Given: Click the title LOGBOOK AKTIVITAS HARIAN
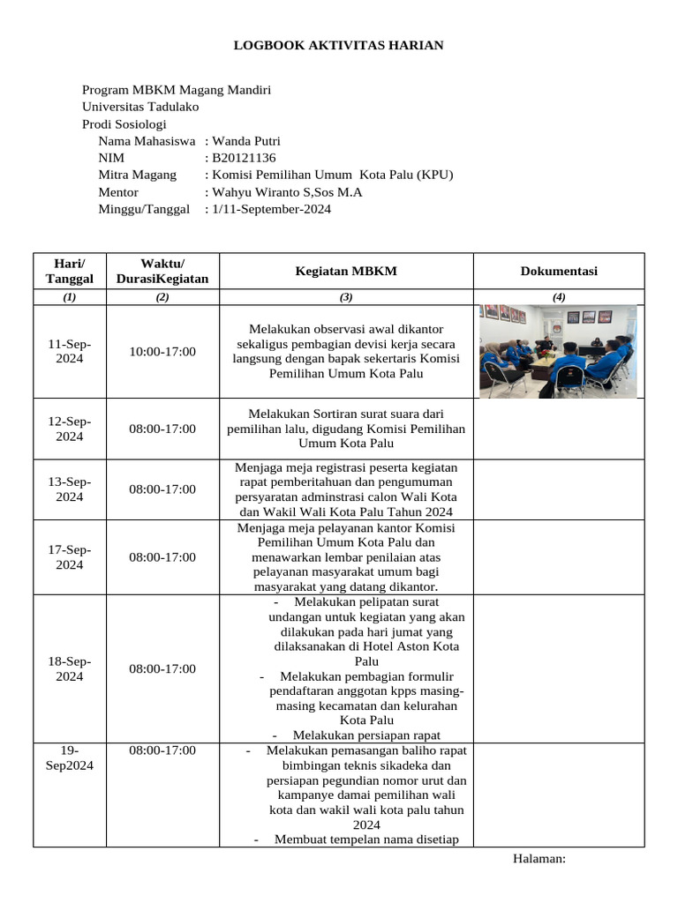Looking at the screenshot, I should point(338,45).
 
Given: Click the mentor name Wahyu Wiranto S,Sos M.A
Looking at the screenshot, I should point(287,192).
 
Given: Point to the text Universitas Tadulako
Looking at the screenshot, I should point(140,107).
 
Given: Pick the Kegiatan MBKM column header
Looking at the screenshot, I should point(346,271).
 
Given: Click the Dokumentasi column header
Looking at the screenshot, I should point(559,271).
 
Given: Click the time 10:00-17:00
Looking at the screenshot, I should point(162,351).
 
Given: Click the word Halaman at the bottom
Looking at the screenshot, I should point(539,859).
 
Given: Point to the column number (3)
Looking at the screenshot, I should point(346,297).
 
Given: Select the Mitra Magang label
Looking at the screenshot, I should point(137,175).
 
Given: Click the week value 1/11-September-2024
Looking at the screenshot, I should point(271,209).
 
